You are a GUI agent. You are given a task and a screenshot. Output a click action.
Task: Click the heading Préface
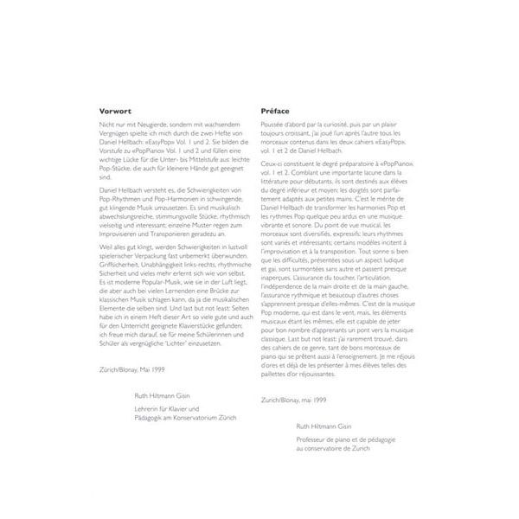(x=279, y=111)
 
